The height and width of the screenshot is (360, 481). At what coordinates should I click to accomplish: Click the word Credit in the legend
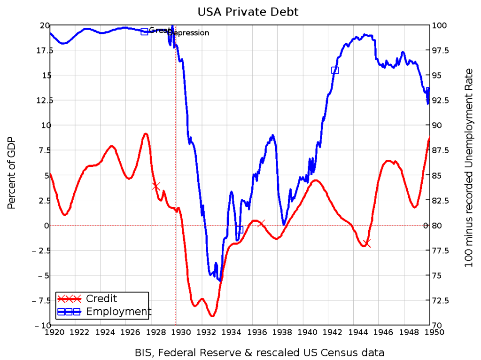[x=101, y=299]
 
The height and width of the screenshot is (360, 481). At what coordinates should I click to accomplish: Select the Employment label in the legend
[x=118, y=312]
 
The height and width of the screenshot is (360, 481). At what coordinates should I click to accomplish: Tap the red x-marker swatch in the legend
[x=69, y=299]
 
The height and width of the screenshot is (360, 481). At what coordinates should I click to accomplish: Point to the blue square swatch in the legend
[x=69, y=312]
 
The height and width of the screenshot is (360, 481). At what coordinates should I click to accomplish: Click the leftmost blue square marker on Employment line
[x=144, y=31]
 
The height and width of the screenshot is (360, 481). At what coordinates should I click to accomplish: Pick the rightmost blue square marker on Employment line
[x=335, y=70]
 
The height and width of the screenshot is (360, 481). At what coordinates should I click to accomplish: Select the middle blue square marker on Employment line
[x=240, y=229]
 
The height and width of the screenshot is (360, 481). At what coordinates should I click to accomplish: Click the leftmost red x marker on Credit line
[x=156, y=186]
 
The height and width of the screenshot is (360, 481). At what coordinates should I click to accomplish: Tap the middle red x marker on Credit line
[x=261, y=223]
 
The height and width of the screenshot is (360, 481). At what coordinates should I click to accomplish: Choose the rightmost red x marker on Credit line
[x=367, y=243]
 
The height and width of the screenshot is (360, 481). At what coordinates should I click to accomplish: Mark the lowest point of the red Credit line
[x=212, y=316]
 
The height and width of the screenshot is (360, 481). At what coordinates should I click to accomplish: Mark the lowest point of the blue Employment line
[x=219, y=281]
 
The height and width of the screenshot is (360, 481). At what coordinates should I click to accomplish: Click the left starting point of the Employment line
[x=51, y=33]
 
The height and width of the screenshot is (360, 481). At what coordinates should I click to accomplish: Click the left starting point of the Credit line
[x=51, y=174]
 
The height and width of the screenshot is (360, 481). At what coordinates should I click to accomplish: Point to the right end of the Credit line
[x=429, y=136]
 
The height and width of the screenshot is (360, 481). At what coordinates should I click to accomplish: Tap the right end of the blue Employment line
[x=428, y=89]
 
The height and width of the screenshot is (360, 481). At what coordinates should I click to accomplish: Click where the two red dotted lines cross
[x=176, y=226]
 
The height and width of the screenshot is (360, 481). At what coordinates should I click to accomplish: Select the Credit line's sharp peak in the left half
[x=146, y=133]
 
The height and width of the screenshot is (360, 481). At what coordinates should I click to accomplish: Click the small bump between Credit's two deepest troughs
[x=202, y=298]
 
